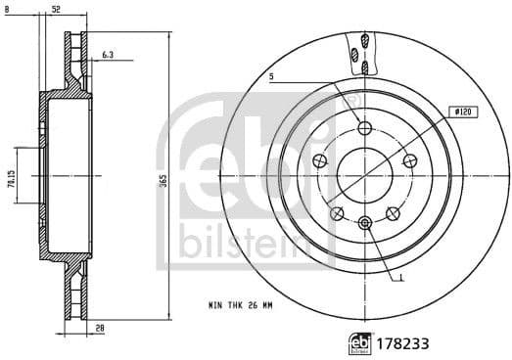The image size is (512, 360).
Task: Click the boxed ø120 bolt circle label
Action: (461, 112)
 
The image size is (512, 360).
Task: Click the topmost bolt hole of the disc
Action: (365, 128)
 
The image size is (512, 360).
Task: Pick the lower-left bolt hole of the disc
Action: (337, 212)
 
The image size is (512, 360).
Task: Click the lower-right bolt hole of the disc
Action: (392, 212)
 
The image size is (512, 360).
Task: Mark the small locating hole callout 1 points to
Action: (365, 223)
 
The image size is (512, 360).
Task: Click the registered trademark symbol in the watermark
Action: (353, 102)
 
